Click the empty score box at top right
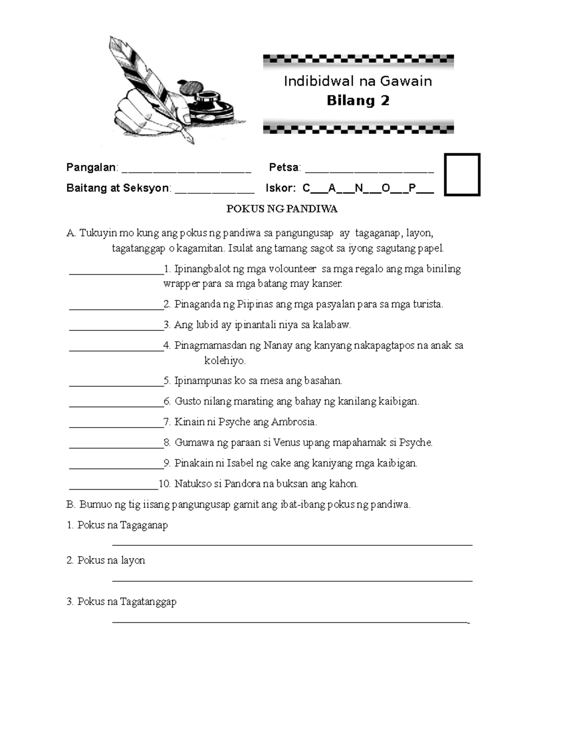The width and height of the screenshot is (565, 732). tap(462, 174)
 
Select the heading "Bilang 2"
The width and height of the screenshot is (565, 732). tap(358, 100)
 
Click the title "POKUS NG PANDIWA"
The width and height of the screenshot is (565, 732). tap(282, 209)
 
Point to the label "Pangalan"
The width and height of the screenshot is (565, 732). tap(91, 167)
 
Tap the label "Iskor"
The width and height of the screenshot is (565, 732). tap(280, 188)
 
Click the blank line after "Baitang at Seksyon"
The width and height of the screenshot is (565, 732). tap(214, 190)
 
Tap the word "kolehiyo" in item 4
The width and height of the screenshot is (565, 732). tap(224, 361)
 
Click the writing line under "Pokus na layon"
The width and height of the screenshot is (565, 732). tap(292, 581)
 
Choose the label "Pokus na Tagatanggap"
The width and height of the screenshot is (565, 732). tap(127, 602)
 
